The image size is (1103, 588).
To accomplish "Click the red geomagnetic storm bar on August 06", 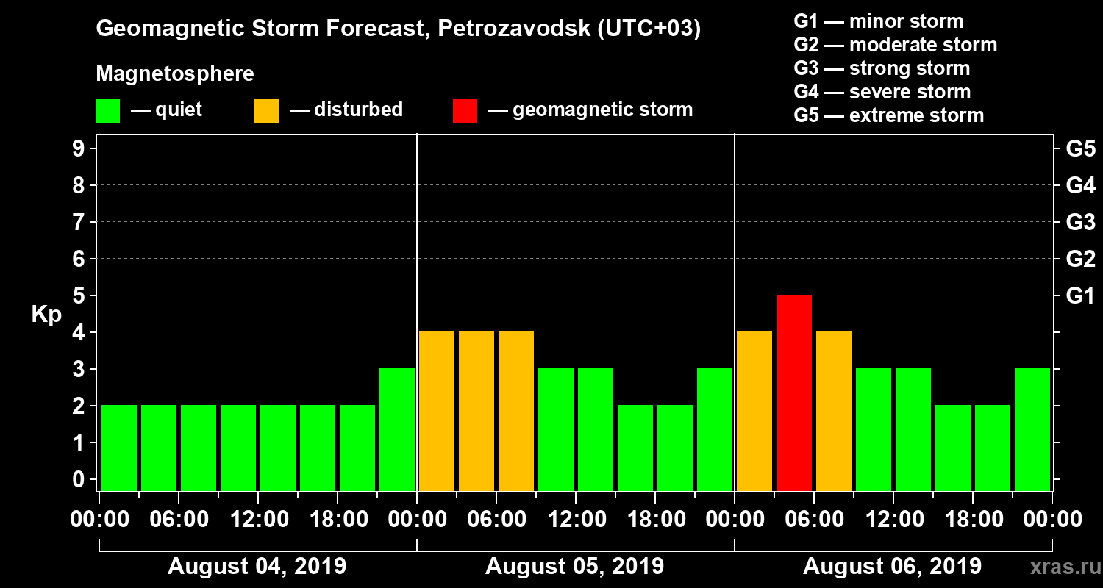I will pyautogui.click(x=794, y=392).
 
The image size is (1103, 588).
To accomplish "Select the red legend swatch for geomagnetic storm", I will pyautogui.click(x=465, y=111).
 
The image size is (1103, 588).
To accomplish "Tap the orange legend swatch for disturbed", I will pyautogui.click(x=266, y=111).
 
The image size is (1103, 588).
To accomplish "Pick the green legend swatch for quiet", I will pyautogui.click(x=107, y=111).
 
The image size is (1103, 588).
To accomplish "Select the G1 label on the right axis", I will pyautogui.click(x=1080, y=295).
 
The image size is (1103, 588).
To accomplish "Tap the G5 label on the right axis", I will pyautogui.click(x=1080, y=148).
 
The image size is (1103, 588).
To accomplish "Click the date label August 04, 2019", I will pyautogui.click(x=257, y=567).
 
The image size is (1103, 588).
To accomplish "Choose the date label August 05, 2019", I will pyautogui.click(x=574, y=567).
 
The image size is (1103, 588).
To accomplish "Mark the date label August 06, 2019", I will pyautogui.click(x=892, y=567).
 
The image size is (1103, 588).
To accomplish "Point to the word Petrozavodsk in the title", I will pyautogui.click(x=504, y=29).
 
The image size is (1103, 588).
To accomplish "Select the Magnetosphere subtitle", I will pyautogui.click(x=175, y=74).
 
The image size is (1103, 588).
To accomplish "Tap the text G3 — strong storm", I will pyautogui.click(x=882, y=68).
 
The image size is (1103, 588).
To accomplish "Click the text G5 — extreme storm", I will pyautogui.click(x=888, y=115).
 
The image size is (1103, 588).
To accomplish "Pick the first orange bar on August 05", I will pyautogui.click(x=437, y=411).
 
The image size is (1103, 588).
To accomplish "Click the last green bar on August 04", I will pyautogui.click(x=397, y=429).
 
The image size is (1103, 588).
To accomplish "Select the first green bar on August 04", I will pyautogui.click(x=119, y=448).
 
